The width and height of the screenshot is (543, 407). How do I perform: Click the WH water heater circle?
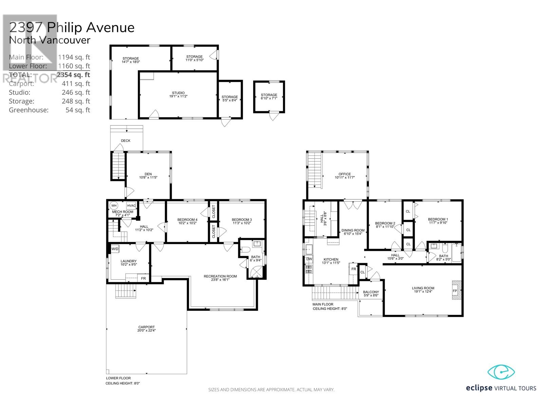pyautogui.click(x=114, y=206)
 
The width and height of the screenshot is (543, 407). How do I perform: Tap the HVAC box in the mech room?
pyautogui.click(x=131, y=206)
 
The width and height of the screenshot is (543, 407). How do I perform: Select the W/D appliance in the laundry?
pyautogui.click(x=115, y=249)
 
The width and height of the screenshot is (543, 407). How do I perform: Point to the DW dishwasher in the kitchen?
pyautogui.click(x=309, y=259)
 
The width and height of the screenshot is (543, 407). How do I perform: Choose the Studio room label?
pyautogui.click(x=179, y=93)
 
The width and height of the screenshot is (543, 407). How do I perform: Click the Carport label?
pyautogui.click(x=147, y=327)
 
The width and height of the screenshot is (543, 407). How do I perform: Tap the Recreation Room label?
pyautogui.click(x=220, y=276)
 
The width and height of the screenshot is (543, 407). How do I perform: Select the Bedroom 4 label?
pyautogui.click(x=187, y=220)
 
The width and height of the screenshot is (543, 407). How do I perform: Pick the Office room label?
pyautogui.click(x=344, y=174)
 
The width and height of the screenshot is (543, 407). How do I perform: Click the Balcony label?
pyautogui.click(x=371, y=292)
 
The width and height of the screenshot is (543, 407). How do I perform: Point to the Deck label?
pyautogui.click(x=126, y=141)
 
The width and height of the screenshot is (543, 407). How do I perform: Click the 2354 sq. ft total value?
pyautogui.click(x=73, y=75)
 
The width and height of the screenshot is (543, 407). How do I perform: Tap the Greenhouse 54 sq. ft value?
pyautogui.click(x=78, y=110)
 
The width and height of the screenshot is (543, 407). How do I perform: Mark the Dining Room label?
pyautogui.click(x=353, y=230)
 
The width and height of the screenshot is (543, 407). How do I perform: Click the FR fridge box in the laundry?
pyautogui.click(x=143, y=278)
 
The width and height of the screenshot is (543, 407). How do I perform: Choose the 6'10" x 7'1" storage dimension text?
pyautogui.click(x=269, y=98)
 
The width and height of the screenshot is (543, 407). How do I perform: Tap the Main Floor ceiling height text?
pyautogui.click(x=330, y=309)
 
